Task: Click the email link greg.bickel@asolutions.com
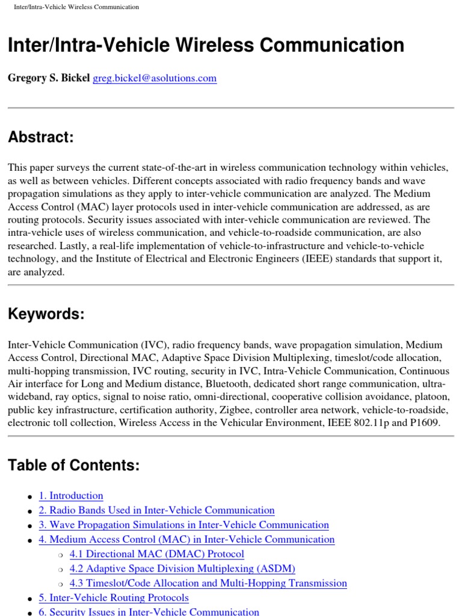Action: [155, 78]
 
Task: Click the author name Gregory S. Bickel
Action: [49, 78]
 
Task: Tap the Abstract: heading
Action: [40, 137]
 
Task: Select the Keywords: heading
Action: [46, 314]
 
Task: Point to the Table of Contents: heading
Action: [73, 465]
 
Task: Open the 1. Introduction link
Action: [71, 496]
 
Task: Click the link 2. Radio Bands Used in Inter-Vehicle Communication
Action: [156, 510]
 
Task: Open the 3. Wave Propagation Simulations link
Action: [183, 525]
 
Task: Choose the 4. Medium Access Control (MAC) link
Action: [186, 540]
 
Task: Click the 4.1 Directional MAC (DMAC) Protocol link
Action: [156, 554]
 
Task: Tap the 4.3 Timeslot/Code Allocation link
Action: [208, 583]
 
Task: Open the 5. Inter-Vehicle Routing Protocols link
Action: [114, 598]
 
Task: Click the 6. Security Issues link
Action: [149, 612]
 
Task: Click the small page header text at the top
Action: [76, 7]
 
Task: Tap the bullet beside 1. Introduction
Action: [29, 497]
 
